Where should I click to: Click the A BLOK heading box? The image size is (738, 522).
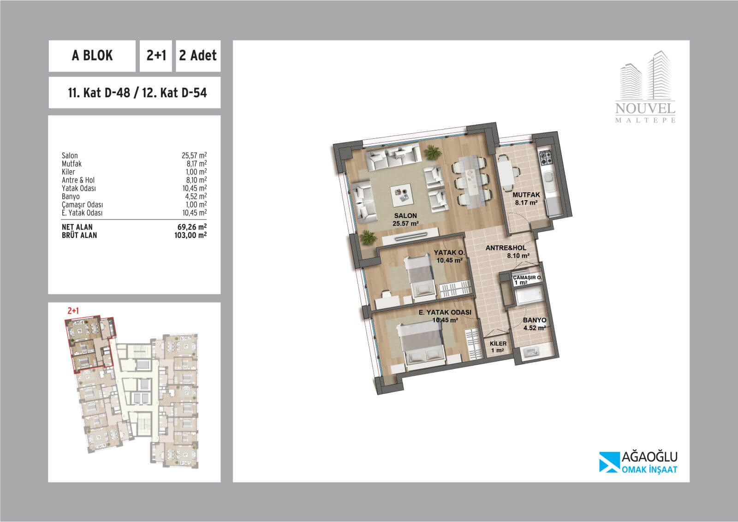click(x=92, y=56)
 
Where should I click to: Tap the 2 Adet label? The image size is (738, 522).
click(x=198, y=55)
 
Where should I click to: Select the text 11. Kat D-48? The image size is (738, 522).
click(x=99, y=93)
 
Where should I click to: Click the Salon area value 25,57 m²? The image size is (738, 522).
click(x=194, y=155)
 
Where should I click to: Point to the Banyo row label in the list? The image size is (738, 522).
click(x=71, y=196)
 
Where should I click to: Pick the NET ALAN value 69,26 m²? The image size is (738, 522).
click(x=192, y=226)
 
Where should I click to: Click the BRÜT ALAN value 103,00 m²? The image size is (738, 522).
click(x=190, y=235)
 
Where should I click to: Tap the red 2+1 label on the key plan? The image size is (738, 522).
click(x=73, y=310)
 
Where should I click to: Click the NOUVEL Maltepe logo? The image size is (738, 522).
click(x=645, y=87)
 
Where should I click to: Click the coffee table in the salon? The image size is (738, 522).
click(x=401, y=195)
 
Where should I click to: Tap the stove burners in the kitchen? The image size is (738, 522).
click(x=545, y=157)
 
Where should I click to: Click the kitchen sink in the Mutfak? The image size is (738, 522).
click(x=548, y=179)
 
